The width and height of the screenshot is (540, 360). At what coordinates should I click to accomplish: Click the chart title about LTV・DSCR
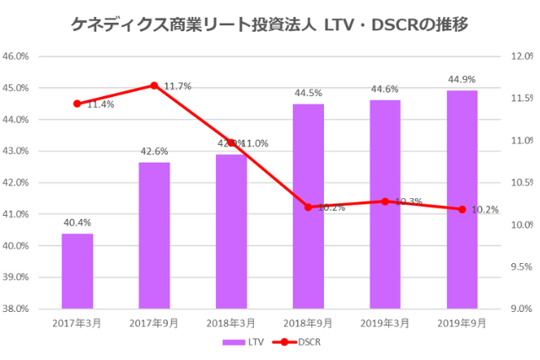[270, 24]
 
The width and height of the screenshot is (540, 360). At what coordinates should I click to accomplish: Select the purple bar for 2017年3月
[78, 271]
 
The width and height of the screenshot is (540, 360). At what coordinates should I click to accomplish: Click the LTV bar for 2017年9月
[154, 235]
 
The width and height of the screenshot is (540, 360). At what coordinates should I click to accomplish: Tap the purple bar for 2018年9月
[308, 206]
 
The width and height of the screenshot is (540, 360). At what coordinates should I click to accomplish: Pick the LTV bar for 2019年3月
[385, 204]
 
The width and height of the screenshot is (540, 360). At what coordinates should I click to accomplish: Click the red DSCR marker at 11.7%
[154, 85]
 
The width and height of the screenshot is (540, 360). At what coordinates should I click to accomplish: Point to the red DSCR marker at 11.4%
[78, 104]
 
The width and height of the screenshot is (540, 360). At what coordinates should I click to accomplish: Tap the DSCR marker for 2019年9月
[462, 209]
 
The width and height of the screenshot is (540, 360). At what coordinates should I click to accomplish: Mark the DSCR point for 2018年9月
[308, 207]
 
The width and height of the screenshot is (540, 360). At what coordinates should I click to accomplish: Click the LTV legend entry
[239, 342]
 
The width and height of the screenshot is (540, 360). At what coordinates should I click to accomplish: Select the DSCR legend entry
[296, 342]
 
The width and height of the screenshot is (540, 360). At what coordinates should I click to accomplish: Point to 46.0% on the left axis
[18, 56]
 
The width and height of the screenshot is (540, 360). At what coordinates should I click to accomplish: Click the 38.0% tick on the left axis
[18, 309]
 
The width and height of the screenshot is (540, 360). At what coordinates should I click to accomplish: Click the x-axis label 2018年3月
[231, 323]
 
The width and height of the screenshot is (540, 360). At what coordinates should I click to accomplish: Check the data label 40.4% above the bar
[78, 223]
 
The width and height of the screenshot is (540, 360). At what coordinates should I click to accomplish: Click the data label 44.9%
[462, 79]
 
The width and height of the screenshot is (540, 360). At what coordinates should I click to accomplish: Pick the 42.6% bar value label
[154, 152]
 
